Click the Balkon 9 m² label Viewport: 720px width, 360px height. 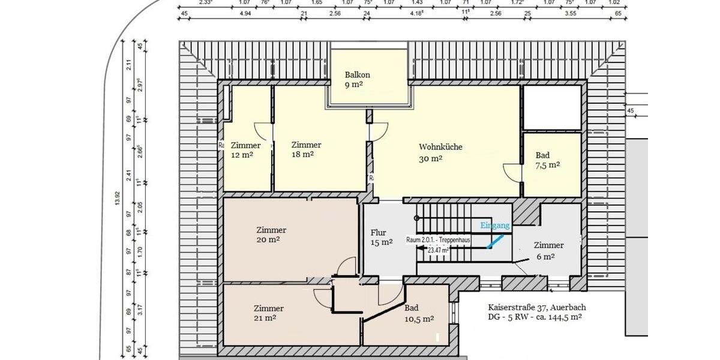(358, 80)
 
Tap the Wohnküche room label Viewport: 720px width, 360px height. (440, 152)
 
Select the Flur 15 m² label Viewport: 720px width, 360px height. (382, 237)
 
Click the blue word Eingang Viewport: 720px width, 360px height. (495, 226)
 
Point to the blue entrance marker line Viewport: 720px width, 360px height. (495, 241)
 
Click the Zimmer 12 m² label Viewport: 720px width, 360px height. (245, 150)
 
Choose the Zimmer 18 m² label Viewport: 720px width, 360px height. (306, 149)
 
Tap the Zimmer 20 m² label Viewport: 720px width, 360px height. (271, 235)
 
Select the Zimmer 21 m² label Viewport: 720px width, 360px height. (268, 313)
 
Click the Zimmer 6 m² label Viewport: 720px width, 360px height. (548, 251)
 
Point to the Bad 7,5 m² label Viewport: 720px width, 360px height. (547, 160)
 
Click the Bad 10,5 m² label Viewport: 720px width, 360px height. (419, 314)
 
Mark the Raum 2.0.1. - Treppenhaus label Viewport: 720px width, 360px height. (439, 239)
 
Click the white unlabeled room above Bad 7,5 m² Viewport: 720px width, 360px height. (552, 107)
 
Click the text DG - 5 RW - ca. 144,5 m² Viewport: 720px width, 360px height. (535, 317)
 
